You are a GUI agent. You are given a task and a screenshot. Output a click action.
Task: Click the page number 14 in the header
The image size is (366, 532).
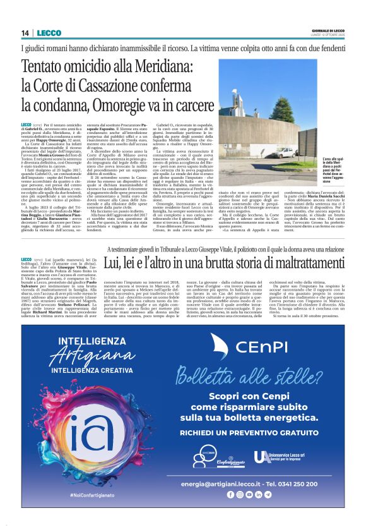coord(25,33)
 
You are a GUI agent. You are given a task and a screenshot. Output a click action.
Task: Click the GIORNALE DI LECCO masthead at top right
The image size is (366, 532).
coord(328,30)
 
